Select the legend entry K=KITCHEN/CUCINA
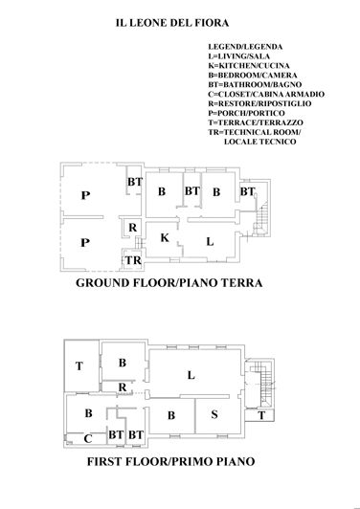point(246,65)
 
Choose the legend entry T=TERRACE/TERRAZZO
point(254,122)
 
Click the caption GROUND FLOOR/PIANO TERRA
point(169,284)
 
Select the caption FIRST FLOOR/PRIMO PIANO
point(169,460)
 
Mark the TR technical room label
point(132,260)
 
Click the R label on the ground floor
point(132,228)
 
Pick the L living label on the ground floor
point(209,242)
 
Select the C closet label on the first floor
point(87,439)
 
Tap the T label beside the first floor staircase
point(261,415)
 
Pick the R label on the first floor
point(123,386)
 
